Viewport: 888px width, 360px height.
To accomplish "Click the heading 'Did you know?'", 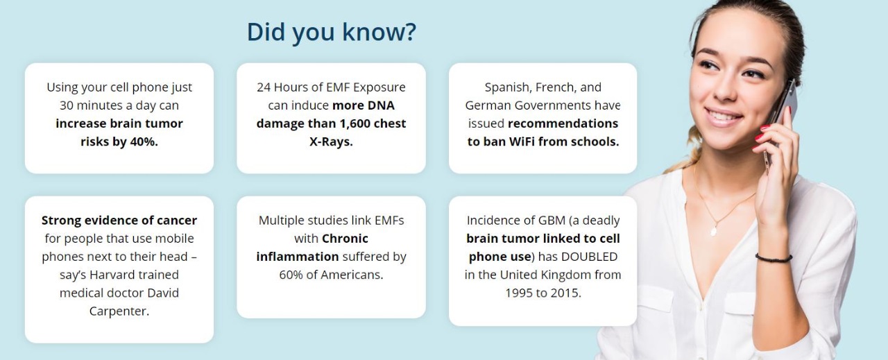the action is click(332, 33).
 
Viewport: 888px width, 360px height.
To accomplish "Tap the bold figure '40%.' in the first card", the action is click(144, 142).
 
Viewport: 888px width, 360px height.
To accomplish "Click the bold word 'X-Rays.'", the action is click(331, 142).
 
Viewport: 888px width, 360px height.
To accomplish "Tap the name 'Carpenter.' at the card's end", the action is click(119, 311).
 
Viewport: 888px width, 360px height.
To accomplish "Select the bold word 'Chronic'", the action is click(345, 239).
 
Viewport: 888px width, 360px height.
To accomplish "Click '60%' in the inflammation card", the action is click(291, 275).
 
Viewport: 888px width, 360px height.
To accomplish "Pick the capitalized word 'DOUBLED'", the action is click(590, 257).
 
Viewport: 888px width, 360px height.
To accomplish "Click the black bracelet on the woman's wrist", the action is click(773, 258).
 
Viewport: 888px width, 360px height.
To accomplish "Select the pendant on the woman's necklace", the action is click(714, 230).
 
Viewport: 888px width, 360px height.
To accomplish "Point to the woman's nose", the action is click(726, 89).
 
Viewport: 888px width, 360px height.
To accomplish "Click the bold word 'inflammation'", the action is click(298, 257).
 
